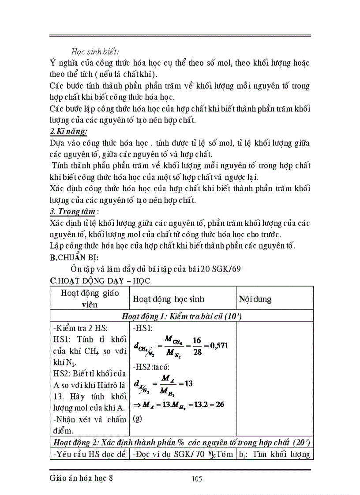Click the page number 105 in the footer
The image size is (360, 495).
pos(197,479)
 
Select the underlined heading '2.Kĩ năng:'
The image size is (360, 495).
pos(68,131)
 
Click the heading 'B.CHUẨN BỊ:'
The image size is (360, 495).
pos(74,257)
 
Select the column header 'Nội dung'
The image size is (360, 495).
pos(255,299)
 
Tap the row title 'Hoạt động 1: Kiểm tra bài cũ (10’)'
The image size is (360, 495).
pos(182,316)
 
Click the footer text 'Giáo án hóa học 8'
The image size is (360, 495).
pos(82,479)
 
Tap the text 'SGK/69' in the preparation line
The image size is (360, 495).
pos(225,269)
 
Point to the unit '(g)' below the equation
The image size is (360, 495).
pos(137,418)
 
